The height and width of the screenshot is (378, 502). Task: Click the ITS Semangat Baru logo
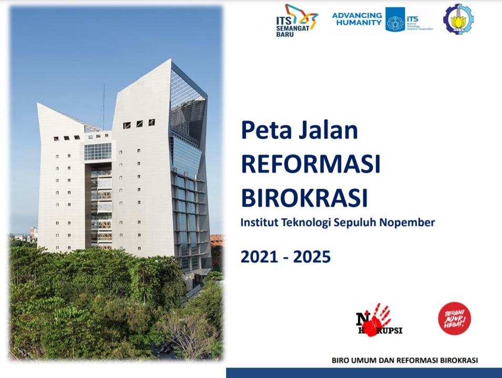[296, 20]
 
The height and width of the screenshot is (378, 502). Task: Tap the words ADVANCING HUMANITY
[357, 19]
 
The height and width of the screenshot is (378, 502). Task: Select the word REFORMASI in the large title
[310, 165]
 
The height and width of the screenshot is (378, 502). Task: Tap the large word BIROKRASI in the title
[304, 199]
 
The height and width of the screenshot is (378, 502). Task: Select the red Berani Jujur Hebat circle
[454, 318]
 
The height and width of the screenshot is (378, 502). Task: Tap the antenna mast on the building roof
[103, 105]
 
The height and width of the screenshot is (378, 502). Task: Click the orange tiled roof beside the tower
[216, 240]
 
